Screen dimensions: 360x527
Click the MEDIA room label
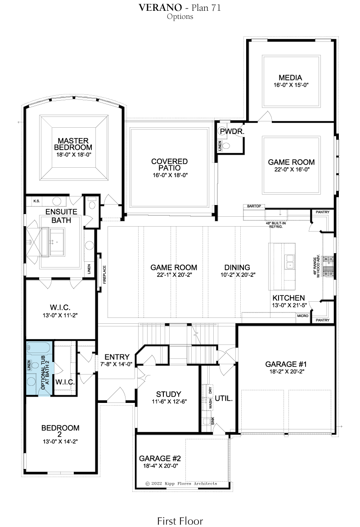pyautogui.click(x=290, y=78)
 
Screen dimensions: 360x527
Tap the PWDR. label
pyautogui.click(x=232, y=132)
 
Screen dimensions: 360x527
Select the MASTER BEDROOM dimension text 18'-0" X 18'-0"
pyautogui.click(x=74, y=155)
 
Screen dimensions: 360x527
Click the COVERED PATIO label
pyautogui.click(x=169, y=165)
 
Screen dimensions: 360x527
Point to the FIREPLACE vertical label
pyautogui.click(x=105, y=275)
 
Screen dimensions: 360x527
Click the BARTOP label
pyautogui.click(x=254, y=206)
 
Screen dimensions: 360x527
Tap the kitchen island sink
pyautogui.click(x=289, y=262)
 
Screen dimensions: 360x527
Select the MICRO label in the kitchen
pyautogui.click(x=303, y=316)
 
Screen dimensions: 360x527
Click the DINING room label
pyautogui.click(x=237, y=268)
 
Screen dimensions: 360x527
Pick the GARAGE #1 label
pyautogui.click(x=286, y=364)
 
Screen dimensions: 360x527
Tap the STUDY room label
pyautogui.click(x=169, y=394)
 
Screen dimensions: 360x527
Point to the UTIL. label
pyautogui.click(x=224, y=398)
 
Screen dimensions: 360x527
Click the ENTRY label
pyautogui.click(x=117, y=357)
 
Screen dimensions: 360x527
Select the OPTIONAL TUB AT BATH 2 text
pyautogui.click(x=45, y=373)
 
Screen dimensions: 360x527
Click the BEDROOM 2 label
pyautogui.click(x=60, y=431)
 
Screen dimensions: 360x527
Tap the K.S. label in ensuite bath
pyautogui.click(x=36, y=201)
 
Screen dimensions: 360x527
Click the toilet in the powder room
pyautogui.click(x=226, y=146)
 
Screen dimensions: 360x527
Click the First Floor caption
pyautogui.click(x=180, y=521)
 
